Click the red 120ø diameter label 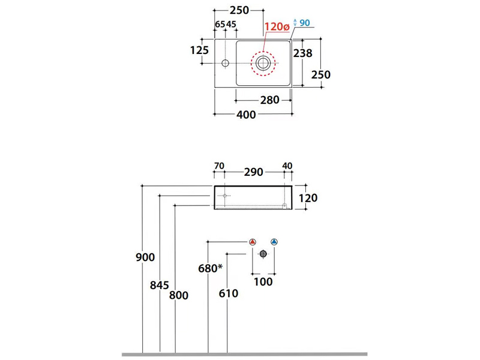point(277,27)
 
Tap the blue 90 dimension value point(304,23)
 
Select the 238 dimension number point(303,53)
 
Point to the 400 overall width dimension point(246,115)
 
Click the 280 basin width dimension point(269,100)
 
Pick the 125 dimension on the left point(199,50)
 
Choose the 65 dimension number point(220,25)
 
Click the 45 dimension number point(232,25)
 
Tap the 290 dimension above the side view point(254,172)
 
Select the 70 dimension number point(218,166)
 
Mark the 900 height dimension point(145,257)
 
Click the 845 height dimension point(160,286)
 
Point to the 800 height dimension point(178,295)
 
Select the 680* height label point(210,268)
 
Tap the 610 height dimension point(229,293)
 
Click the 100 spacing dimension point(263,281)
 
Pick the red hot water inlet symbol point(253,242)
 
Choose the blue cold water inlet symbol point(274,242)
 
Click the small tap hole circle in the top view point(226,62)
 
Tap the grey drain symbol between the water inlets point(263,254)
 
